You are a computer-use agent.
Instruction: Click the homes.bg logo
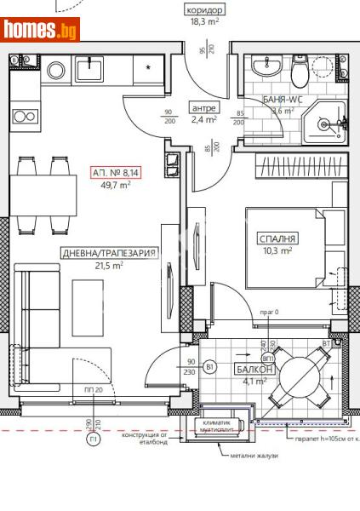click(x=41, y=30)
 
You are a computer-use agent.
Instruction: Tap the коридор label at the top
click(x=204, y=10)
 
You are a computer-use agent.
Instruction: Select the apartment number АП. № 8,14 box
click(x=116, y=173)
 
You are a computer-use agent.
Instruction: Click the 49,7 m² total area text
click(x=116, y=185)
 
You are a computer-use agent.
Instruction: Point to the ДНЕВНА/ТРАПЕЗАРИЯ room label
click(x=110, y=253)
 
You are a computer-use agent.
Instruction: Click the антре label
click(x=205, y=108)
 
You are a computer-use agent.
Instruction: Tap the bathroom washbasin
click(x=265, y=66)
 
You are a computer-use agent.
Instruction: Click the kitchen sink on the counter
click(x=89, y=67)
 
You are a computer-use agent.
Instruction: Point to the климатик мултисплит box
click(x=220, y=426)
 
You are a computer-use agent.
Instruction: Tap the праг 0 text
click(x=265, y=313)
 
